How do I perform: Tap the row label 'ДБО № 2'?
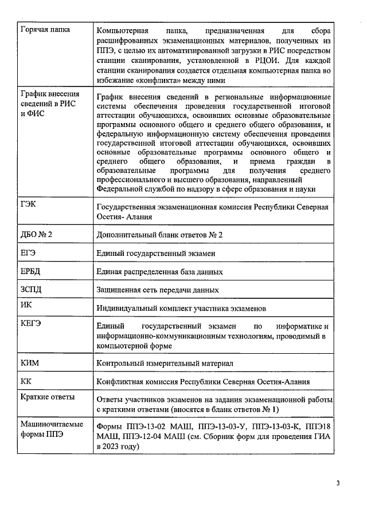(36, 232)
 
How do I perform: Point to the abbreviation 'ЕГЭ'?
(28, 250)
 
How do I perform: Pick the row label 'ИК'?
(26, 305)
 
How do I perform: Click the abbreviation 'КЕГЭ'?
(30, 323)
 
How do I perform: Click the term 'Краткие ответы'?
(48, 397)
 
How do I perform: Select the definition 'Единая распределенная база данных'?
(160, 271)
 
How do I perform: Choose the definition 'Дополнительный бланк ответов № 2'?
(159, 234)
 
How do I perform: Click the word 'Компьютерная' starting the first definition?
(123, 30)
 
